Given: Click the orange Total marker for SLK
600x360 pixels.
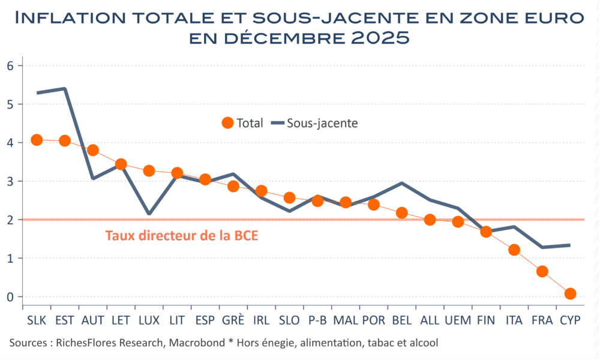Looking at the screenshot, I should coord(37,140).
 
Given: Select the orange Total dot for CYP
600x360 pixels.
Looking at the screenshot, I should coord(570,293).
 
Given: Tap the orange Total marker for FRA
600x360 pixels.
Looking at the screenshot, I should coord(542,271).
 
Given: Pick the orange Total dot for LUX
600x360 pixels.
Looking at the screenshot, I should coord(149,171).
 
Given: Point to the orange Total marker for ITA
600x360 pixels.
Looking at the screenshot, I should coord(514,250).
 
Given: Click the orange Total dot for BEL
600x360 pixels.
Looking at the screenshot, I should coord(401,212).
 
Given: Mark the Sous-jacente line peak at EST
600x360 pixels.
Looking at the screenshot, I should coord(65,89).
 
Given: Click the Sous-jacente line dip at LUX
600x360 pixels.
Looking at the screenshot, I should coord(149,214).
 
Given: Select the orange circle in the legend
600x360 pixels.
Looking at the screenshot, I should coord(227,123).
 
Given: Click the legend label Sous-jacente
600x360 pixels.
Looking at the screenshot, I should coord(323,123).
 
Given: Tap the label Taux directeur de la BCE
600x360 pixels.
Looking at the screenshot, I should coord(181,236).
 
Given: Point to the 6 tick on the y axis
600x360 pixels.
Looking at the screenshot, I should coord(10,65).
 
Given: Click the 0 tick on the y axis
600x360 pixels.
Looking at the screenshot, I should coord(10,297).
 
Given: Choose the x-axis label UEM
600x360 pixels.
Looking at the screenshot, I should coord(458,320).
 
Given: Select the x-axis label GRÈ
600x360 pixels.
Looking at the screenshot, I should coord(233,320).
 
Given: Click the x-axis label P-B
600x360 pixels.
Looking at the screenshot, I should coord(317,320).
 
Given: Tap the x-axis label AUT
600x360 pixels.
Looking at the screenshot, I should coord(92,320).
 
